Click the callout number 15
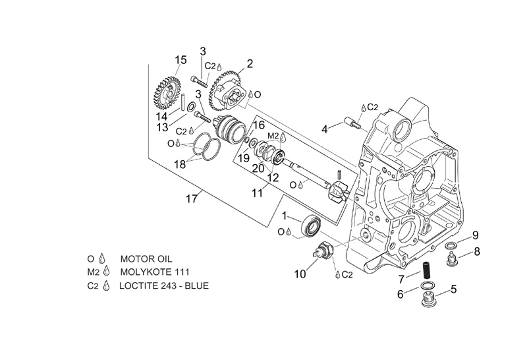(180, 60)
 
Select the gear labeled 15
(168, 92)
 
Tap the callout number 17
(192, 199)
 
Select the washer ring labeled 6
(426, 286)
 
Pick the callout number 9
(475, 235)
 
